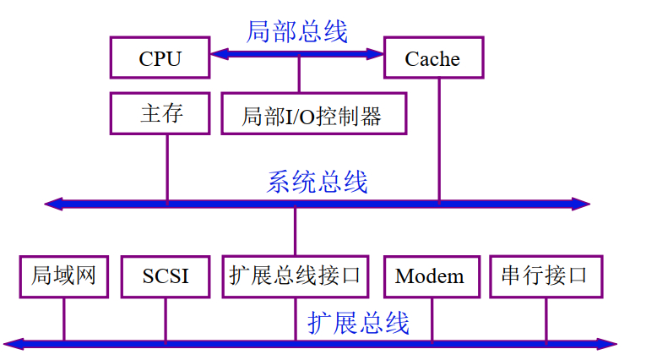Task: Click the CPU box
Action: click(x=160, y=57)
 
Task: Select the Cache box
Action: click(x=433, y=58)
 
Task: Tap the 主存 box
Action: click(x=160, y=113)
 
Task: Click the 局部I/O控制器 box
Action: click(x=313, y=114)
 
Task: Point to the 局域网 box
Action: click(x=63, y=276)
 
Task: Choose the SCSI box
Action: click(x=166, y=276)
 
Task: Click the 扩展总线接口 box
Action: click(x=296, y=276)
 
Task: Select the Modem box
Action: click(x=430, y=276)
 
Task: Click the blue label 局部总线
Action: click(x=296, y=32)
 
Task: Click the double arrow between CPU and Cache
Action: click(x=297, y=55)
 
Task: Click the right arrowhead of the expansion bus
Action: click(x=610, y=344)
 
